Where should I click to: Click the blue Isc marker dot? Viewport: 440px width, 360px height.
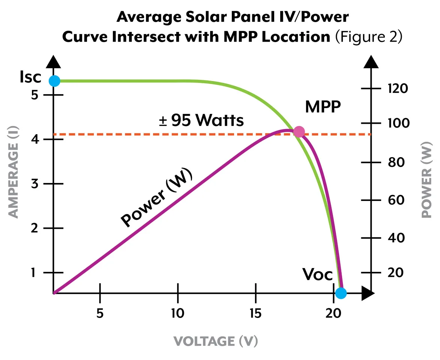click(54, 81)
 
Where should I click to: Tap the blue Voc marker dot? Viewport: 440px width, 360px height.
click(341, 293)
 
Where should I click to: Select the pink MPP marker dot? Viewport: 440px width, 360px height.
click(299, 132)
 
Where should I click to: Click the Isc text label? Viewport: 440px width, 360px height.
click(30, 77)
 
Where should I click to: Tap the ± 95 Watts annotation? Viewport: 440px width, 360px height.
click(201, 121)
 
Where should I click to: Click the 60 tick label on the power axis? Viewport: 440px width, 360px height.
click(395, 200)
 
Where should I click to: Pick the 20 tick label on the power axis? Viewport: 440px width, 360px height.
click(395, 272)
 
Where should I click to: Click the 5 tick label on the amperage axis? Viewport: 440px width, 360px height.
click(35, 94)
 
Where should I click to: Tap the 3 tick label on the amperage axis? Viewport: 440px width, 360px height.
click(35, 184)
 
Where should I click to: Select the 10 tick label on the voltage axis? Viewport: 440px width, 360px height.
click(178, 313)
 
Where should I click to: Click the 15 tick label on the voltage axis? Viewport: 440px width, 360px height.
click(255, 313)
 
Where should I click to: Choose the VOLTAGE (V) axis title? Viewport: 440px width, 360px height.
click(216, 341)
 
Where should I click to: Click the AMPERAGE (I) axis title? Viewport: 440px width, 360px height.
click(14, 173)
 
